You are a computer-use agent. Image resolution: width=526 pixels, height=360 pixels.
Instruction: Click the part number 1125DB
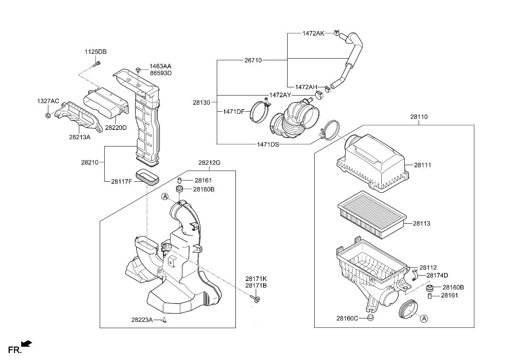[95, 52]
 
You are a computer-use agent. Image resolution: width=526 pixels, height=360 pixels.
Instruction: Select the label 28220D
[116, 127]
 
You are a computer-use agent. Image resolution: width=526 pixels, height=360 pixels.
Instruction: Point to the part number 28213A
[79, 137]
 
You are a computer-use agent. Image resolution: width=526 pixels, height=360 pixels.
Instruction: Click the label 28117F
[122, 181]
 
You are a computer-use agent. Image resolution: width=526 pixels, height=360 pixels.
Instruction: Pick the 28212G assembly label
[210, 163]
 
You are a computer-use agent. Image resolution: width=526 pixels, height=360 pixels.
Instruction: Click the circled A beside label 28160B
[165, 196]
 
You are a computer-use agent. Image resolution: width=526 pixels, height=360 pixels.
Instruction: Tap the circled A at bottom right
[424, 318]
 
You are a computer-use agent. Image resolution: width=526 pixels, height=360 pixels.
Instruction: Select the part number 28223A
[142, 320]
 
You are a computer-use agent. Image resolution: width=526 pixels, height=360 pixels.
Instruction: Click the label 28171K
[256, 279]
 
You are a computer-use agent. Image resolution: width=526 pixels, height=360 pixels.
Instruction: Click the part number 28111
[422, 165]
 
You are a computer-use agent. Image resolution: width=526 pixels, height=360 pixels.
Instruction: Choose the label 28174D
[437, 275]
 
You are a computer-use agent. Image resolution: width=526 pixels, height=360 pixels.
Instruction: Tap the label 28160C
[347, 318]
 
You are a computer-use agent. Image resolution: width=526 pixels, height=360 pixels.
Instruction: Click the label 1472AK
[313, 33]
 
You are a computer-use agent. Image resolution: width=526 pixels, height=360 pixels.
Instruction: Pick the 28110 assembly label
[419, 117]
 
